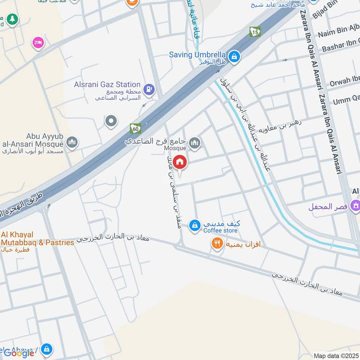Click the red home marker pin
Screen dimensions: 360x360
[x=180, y=162]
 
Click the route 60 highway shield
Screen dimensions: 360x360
[x=135, y=128]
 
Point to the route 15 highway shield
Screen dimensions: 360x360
[x=255, y=32]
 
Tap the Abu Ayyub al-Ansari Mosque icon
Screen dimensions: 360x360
[x=72, y=143]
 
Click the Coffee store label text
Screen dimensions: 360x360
[x=220, y=231]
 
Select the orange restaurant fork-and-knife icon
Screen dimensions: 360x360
[x=217, y=244]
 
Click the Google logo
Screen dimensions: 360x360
[x=19, y=353]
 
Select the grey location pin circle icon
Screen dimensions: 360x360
[x=111, y=121]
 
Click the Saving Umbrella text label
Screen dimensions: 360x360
[x=197, y=55]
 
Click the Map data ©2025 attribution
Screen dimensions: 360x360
[x=337, y=355]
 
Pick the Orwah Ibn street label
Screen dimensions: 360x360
[x=345, y=82]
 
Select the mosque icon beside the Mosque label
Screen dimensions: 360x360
[x=194, y=144]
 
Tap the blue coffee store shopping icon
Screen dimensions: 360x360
[x=194, y=225]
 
